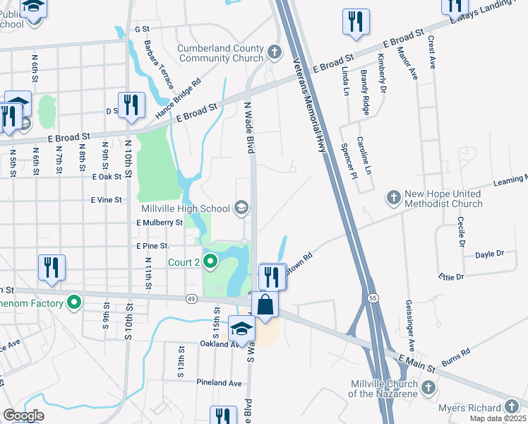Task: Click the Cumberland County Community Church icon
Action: (x=274, y=53)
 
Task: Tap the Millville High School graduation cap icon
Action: (x=241, y=208)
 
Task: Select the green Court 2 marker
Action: (x=210, y=263)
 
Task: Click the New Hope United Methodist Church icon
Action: (x=393, y=196)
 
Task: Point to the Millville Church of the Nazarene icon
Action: (x=428, y=387)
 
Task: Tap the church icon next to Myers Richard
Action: (x=512, y=407)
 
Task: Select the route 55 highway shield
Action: (x=372, y=298)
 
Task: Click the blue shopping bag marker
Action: (x=265, y=305)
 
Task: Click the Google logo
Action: (x=23, y=416)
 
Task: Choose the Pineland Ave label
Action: (x=219, y=382)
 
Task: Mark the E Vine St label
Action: (x=107, y=200)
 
